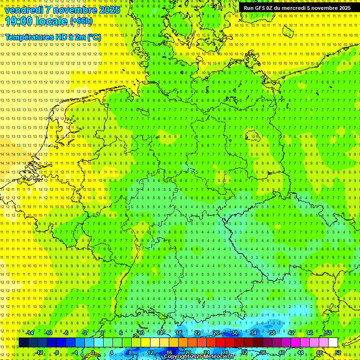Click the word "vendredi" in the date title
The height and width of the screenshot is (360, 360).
pos(24,10)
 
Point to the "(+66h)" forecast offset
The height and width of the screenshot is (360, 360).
pos(81,21)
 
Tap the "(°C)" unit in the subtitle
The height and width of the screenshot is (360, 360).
pos(94,37)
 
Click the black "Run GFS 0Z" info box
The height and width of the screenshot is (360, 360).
pos(297,8)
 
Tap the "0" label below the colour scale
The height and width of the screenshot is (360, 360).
pos(93,352)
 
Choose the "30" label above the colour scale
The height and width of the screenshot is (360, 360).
pos(234,333)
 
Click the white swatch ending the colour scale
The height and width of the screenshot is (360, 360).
pos(333,343)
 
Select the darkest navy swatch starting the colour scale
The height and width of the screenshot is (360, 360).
pos(23,343)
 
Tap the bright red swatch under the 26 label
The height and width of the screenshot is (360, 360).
pos(220,343)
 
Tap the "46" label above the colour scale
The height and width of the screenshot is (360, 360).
pos(309,333)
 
